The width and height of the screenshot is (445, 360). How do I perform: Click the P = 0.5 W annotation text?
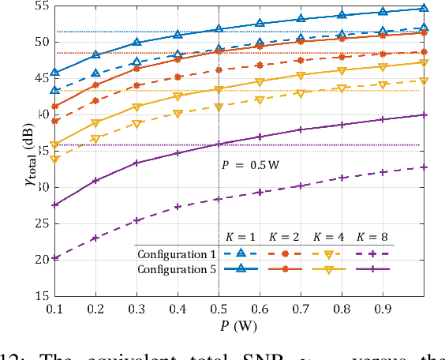click(247, 166)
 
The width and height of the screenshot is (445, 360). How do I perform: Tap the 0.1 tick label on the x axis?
click(54, 309)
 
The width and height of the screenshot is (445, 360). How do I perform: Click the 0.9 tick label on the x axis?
click(383, 309)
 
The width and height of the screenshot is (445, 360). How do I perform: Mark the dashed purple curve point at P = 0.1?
click(54, 258)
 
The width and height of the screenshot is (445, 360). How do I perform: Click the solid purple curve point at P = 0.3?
click(136, 163)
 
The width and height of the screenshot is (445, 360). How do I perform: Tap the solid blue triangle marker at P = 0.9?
click(383, 12)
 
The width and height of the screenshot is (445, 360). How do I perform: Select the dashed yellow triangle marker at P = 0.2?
click(95, 139)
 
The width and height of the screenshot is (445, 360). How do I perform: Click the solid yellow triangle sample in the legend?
click(327, 269)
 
